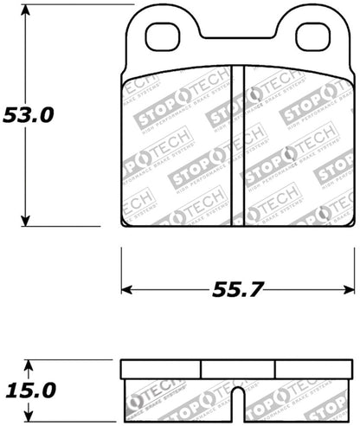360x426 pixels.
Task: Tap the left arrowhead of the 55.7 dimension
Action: [126, 287]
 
